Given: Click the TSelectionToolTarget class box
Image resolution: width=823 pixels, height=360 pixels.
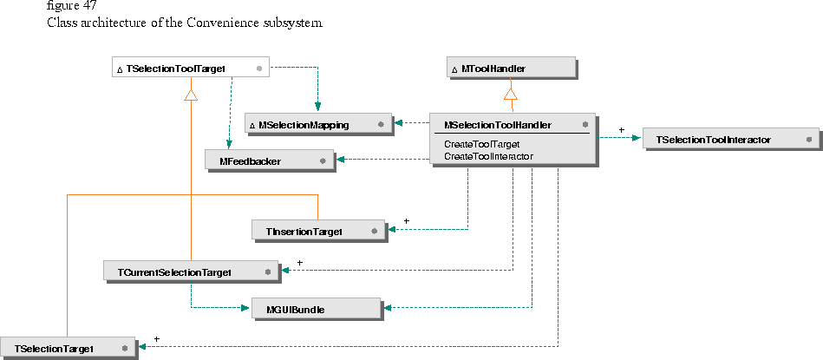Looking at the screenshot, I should (191, 67).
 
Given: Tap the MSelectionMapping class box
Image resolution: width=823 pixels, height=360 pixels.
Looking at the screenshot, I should (316, 125).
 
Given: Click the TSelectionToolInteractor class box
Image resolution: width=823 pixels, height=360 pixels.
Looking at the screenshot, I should (730, 139).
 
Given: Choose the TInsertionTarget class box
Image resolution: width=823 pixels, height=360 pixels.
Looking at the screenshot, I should (318, 231).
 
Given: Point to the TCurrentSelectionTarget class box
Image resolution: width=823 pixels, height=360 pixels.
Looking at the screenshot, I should (190, 272).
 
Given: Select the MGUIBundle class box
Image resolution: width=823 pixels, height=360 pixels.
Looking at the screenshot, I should (316, 308).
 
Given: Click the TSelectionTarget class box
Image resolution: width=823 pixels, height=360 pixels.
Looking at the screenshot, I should (67, 348).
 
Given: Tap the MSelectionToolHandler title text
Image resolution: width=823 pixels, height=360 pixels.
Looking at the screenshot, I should (498, 125).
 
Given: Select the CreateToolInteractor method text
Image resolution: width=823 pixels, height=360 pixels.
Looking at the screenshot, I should (488, 156).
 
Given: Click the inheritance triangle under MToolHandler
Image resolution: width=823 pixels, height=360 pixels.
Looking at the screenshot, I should (511, 93).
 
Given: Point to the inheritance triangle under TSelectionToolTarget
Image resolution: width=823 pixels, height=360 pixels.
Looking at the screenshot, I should (191, 94).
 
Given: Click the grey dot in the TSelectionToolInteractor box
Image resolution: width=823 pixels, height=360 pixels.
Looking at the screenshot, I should (808, 139).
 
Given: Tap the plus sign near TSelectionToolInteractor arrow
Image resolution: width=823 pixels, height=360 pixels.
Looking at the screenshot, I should (621, 130).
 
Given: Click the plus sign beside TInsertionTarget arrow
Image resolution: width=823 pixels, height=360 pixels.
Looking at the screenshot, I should (406, 221).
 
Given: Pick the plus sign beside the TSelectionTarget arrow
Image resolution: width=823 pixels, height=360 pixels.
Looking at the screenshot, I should (156, 338).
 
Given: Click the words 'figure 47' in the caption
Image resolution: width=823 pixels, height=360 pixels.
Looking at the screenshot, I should (72, 5).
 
